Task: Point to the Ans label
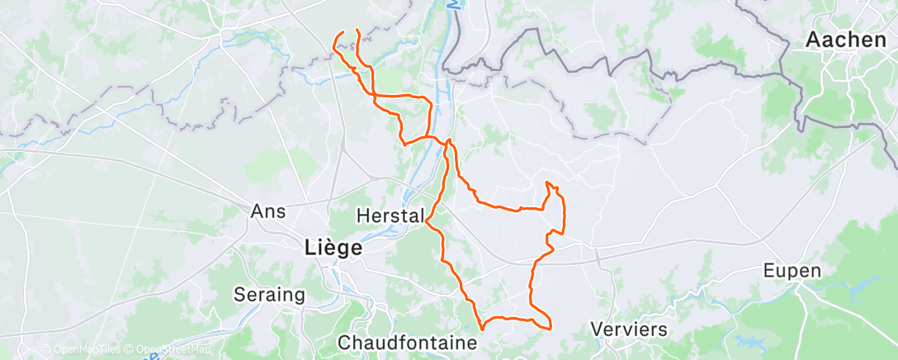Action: [268, 211]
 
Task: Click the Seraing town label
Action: [269, 294]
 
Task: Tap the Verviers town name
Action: [629, 329]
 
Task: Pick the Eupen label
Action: [792, 271]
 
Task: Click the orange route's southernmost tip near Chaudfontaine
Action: [482, 333]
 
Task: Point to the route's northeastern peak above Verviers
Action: [547, 182]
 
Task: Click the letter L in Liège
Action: [310, 246]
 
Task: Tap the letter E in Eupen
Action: [768, 271]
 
